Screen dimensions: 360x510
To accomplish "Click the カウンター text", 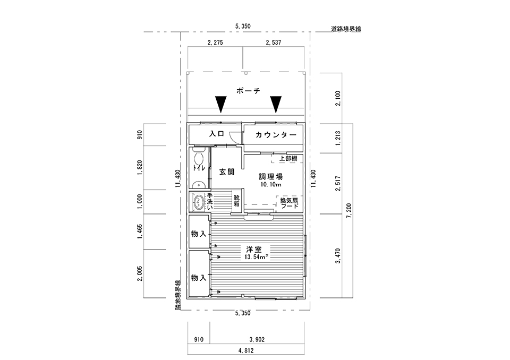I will [275, 135].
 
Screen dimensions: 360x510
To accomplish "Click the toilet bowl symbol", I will [199, 160].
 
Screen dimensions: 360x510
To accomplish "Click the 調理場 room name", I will [270, 177].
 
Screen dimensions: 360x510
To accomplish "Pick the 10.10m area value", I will [271, 185].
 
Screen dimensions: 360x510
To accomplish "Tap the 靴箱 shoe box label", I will [236, 201].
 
